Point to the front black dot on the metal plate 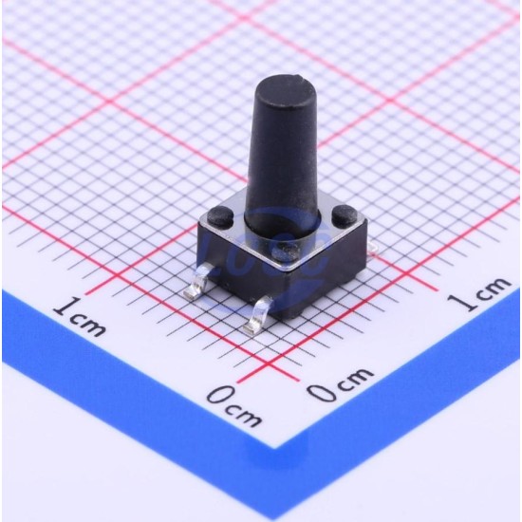pos(286,251)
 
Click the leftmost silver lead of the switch pos(196,281)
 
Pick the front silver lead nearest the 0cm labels pos(257,315)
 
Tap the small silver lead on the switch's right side pos(373,247)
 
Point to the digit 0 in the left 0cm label pos(220,396)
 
